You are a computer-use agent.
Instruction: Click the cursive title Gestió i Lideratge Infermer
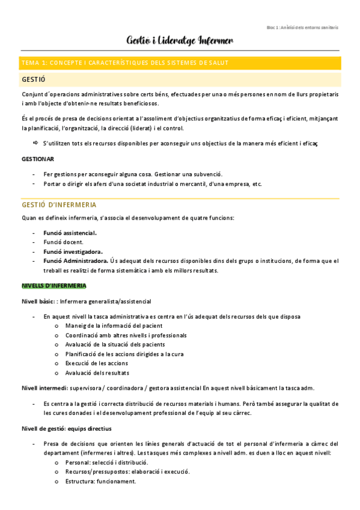click(x=180, y=40)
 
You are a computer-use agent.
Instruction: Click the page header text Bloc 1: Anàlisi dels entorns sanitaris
click(x=302, y=27)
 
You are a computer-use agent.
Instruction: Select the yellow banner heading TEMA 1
click(x=124, y=63)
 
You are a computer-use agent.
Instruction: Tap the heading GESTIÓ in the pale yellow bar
click(x=34, y=79)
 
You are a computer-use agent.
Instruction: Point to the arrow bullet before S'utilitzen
click(x=35, y=143)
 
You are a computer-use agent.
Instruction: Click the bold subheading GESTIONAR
click(x=38, y=159)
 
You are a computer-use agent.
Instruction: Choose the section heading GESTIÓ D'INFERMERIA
click(x=59, y=205)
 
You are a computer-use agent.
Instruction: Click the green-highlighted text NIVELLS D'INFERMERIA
click(x=53, y=285)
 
